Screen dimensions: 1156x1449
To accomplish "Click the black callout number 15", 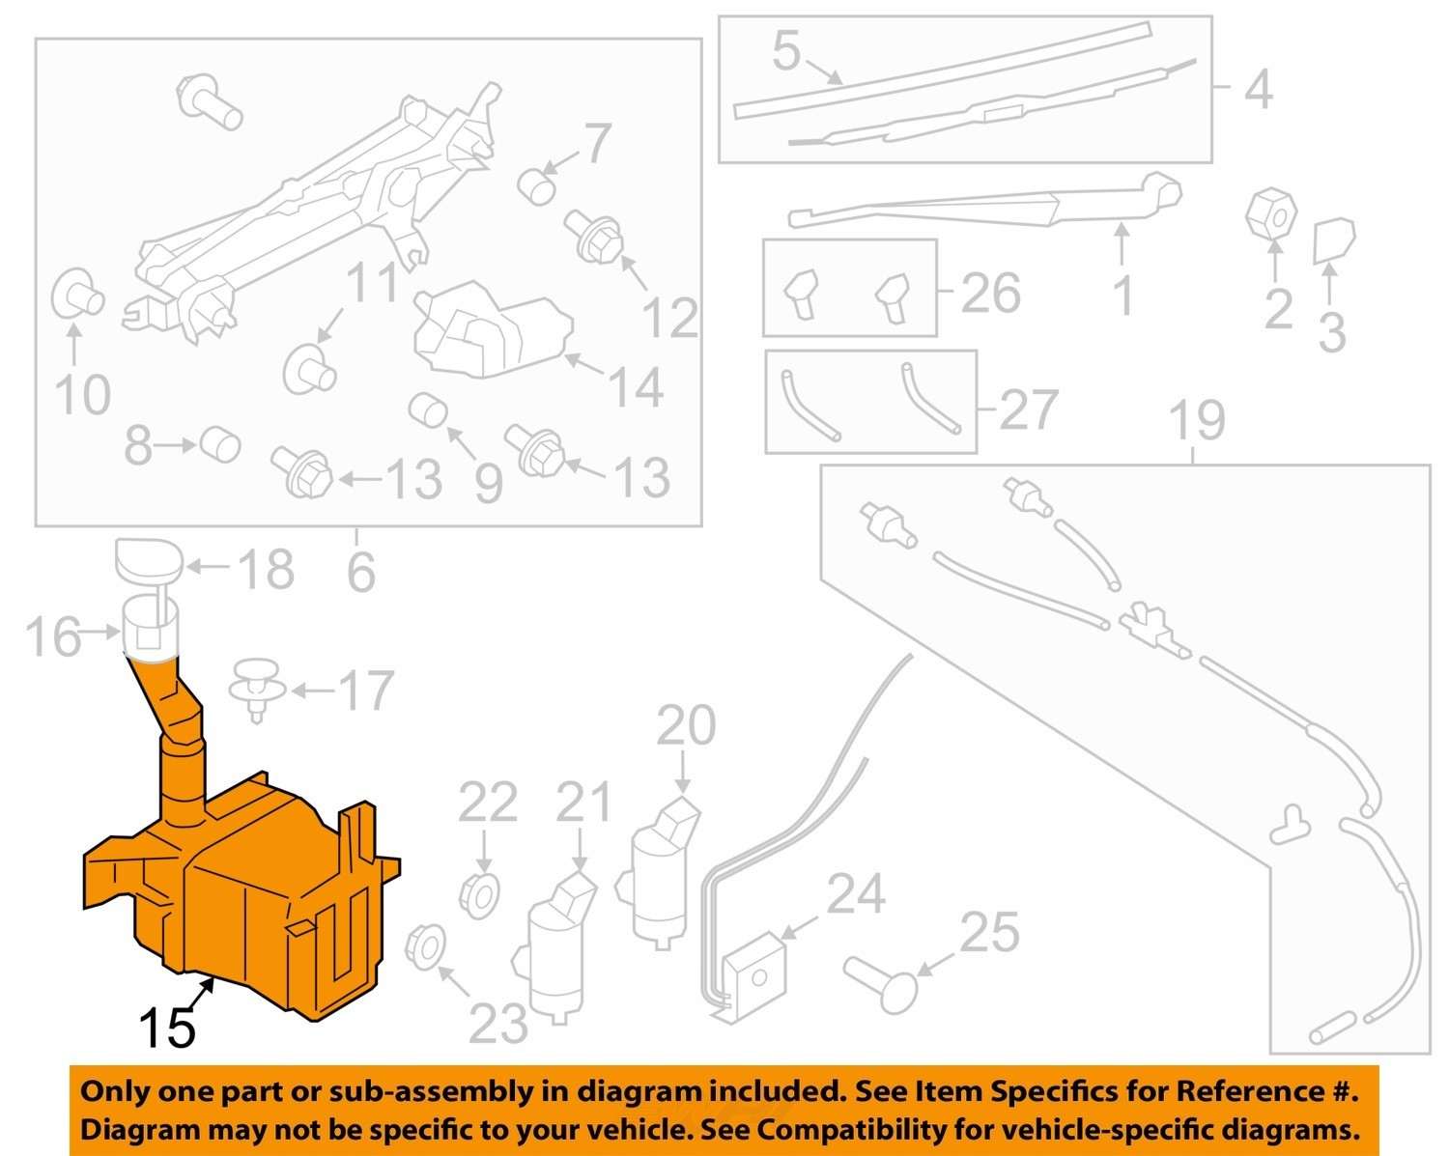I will click(x=168, y=1029).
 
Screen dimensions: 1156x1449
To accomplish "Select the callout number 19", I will click(x=1197, y=420).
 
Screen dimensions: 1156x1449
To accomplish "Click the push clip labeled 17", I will click(x=258, y=688).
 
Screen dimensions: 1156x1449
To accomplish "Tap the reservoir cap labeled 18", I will click(x=147, y=561).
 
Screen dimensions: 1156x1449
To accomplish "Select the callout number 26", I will click(x=991, y=292).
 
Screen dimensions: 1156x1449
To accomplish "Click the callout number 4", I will click(x=1258, y=89).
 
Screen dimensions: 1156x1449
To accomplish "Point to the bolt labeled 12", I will click(x=593, y=237).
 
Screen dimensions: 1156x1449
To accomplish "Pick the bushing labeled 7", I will click(x=536, y=184).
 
